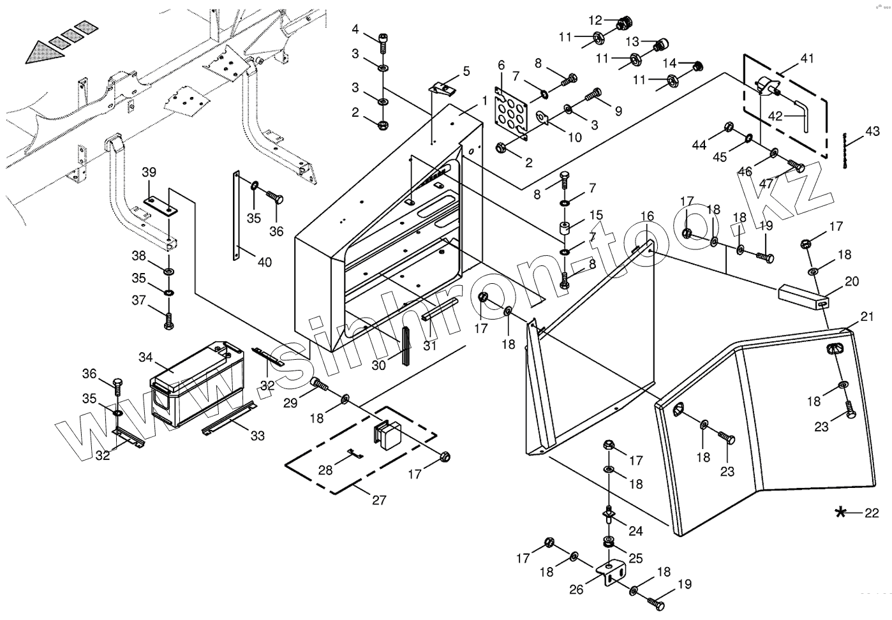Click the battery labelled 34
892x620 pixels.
[x=197, y=383]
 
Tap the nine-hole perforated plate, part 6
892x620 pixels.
[x=511, y=113]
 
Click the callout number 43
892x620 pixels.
[x=872, y=131]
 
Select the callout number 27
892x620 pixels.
[x=379, y=499]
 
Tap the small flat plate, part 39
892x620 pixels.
[x=161, y=206]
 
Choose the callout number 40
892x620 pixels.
[x=265, y=262]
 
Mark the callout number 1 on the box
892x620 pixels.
[x=484, y=101]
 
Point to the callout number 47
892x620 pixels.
[x=766, y=184]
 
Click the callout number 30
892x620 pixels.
[x=379, y=365]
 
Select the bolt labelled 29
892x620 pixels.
[x=319, y=384]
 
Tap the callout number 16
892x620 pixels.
[x=648, y=216]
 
